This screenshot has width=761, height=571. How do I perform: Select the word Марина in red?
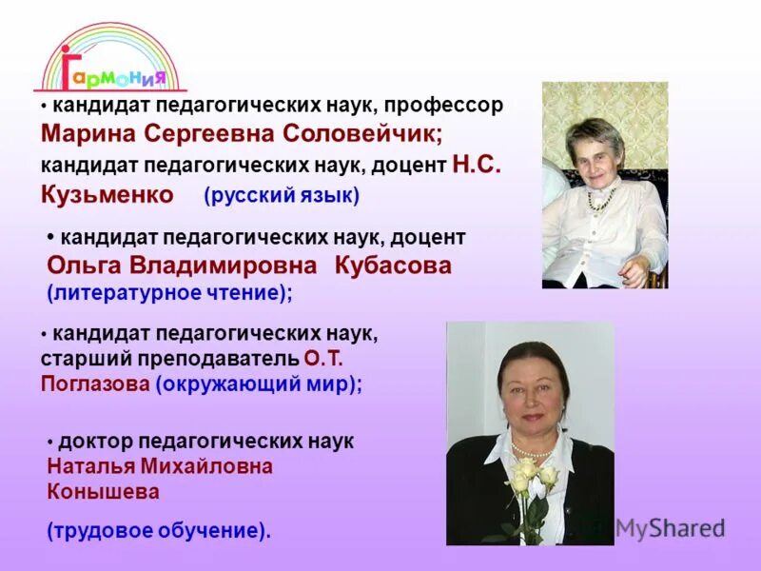(88, 135)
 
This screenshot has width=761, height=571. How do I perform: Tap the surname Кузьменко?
(107, 196)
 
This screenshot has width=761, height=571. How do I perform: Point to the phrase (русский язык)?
(282, 197)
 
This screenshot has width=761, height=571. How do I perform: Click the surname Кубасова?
(393, 266)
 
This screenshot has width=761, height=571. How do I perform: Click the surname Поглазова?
(93, 384)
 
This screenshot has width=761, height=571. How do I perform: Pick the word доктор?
(95, 442)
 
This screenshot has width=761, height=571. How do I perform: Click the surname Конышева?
(103, 492)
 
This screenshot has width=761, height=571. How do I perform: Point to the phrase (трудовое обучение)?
(159, 530)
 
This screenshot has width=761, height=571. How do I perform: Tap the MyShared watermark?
(670, 528)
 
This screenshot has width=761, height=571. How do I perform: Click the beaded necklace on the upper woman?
(600, 198)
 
